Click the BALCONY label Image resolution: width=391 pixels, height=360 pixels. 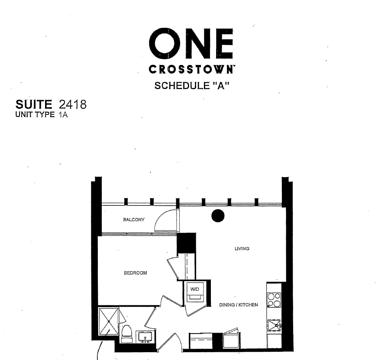pyautogui.click(x=134, y=220)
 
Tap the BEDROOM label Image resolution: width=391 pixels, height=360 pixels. pyautogui.click(x=135, y=273)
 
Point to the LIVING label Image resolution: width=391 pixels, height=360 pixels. pyautogui.click(x=242, y=249)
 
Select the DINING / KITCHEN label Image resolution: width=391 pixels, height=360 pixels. pyautogui.click(x=238, y=305)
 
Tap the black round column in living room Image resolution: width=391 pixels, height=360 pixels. pyautogui.click(x=218, y=216)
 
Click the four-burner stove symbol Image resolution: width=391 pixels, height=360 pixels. pyautogui.click(x=274, y=300)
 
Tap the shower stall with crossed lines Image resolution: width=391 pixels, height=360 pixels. pyautogui.click(x=109, y=321)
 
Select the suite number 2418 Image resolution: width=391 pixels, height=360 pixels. pyautogui.click(x=72, y=104)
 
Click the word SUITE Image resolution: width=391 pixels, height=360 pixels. pyautogui.click(x=34, y=104)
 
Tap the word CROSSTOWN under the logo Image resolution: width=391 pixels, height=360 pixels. pyautogui.click(x=191, y=69)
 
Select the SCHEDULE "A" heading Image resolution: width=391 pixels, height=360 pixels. pyautogui.click(x=191, y=86)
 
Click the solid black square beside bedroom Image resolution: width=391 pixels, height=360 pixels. pyautogui.click(x=187, y=243)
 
